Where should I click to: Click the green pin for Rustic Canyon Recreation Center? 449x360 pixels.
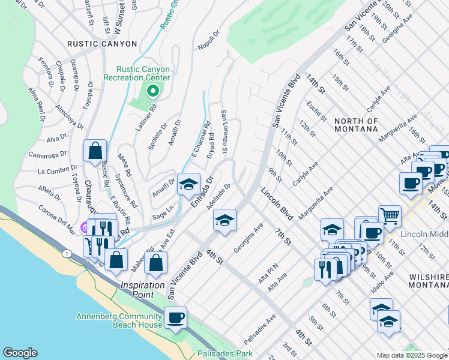pyautogui.click(x=152, y=91)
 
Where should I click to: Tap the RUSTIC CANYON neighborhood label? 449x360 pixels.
pyautogui.click(x=102, y=44)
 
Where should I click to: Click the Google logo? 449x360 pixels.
pyautogui.click(x=20, y=353)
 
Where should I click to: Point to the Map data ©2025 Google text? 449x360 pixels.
pyautogui.click(x=411, y=355)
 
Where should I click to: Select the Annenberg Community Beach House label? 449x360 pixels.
pyautogui.click(x=120, y=321)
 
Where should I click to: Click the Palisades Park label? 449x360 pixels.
pyautogui.click(x=228, y=354)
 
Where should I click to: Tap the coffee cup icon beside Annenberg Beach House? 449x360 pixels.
pyautogui.click(x=175, y=317)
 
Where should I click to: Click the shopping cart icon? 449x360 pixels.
pyautogui.click(x=390, y=215)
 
